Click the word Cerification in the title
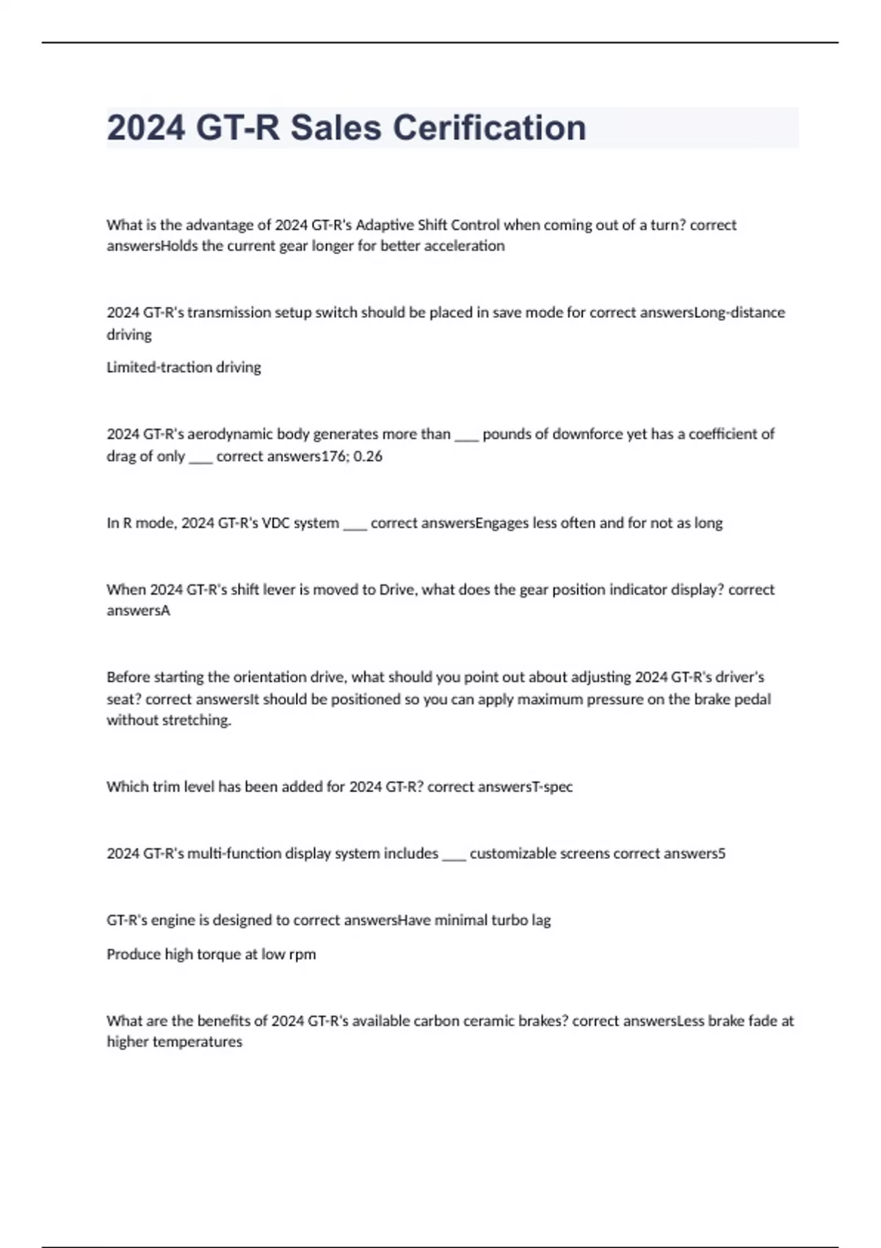[489, 128]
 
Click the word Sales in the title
[336, 128]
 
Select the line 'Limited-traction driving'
[184, 367]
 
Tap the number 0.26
[368, 456]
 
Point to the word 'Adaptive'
[384, 225]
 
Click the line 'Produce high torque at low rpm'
[211, 954]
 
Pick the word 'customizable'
[512, 854]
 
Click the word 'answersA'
[138, 611]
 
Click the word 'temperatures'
[197, 1042]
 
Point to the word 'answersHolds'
[152, 246]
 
